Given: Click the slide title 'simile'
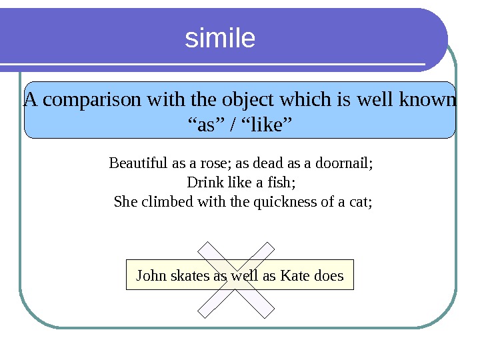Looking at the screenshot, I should (x=220, y=39).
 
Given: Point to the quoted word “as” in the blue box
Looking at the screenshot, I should (x=205, y=124).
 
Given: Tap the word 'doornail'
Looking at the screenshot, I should (x=343, y=163).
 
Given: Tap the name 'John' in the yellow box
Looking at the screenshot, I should (x=149, y=275).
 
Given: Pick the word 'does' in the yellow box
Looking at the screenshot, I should (x=329, y=275).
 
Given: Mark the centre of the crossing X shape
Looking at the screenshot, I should (x=237, y=280).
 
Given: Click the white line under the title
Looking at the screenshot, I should (x=213, y=66).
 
